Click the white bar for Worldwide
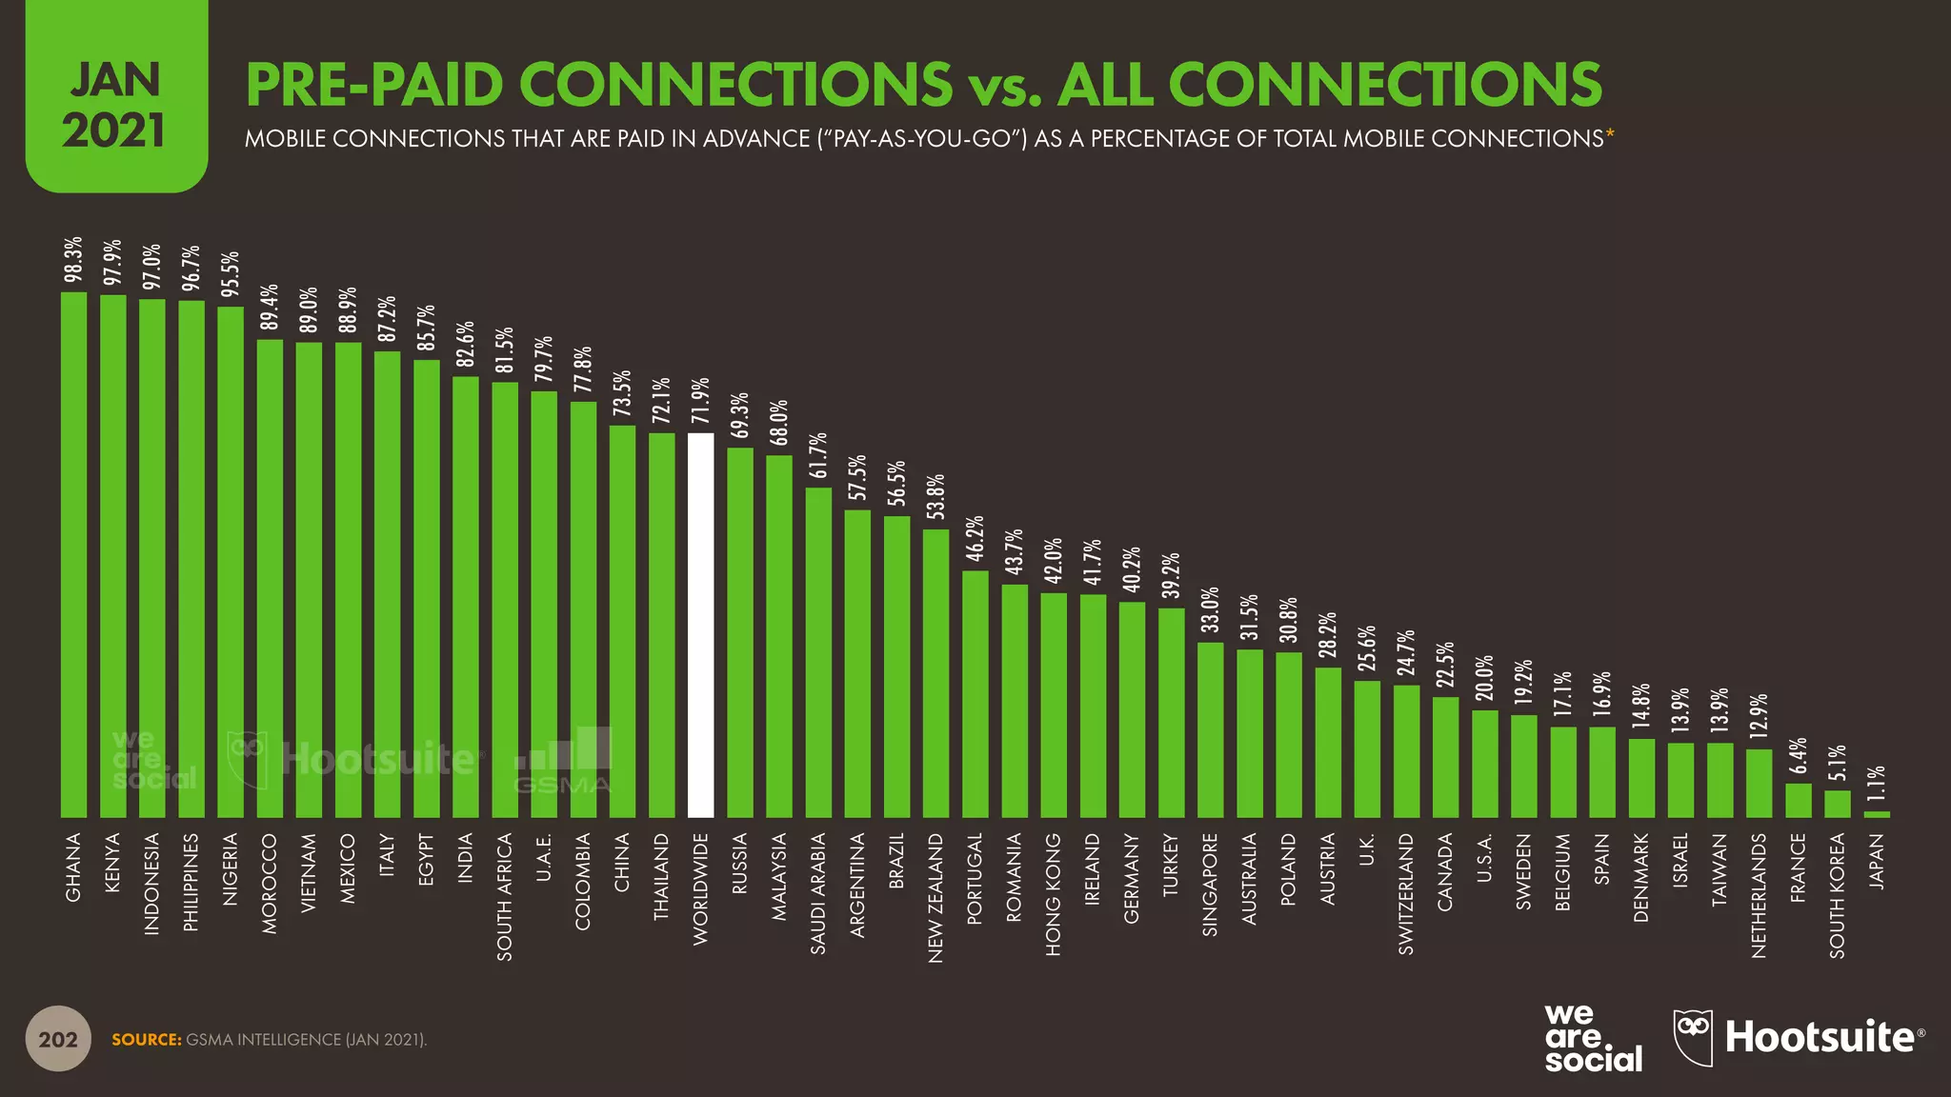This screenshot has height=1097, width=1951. pos(700,625)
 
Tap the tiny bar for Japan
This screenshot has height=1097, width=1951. pos(1876,814)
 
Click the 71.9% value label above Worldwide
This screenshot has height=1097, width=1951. pos(700,401)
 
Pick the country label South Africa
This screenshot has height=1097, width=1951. pos(505,896)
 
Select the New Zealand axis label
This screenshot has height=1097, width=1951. pos(935,898)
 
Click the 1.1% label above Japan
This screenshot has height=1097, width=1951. pos(1876,787)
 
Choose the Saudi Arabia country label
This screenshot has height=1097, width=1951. pos(817,893)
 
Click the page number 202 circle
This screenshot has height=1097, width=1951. pos(57,1039)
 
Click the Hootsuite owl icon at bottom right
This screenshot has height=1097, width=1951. pos(1693,1037)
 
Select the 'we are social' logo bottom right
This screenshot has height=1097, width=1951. pos(1593,1038)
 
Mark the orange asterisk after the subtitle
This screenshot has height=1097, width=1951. pos(1610,136)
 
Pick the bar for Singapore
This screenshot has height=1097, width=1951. pos(1210,729)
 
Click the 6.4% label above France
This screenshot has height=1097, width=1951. pos(1798,756)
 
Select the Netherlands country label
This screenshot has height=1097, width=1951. pos(1759,895)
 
